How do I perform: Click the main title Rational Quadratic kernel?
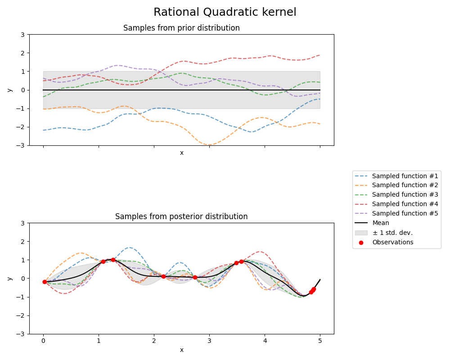(225, 12)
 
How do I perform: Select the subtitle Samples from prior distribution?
(181, 28)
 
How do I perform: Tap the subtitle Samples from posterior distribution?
(181, 216)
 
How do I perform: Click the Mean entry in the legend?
(381, 223)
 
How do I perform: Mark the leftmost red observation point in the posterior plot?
(45, 282)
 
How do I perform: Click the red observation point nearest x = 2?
(163, 276)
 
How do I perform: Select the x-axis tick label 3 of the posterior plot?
(209, 342)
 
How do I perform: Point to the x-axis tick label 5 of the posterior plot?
(320, 342)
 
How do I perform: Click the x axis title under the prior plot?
(181, 153)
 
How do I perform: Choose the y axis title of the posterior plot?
(9, 279)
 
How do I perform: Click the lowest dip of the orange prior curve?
(209, 145)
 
